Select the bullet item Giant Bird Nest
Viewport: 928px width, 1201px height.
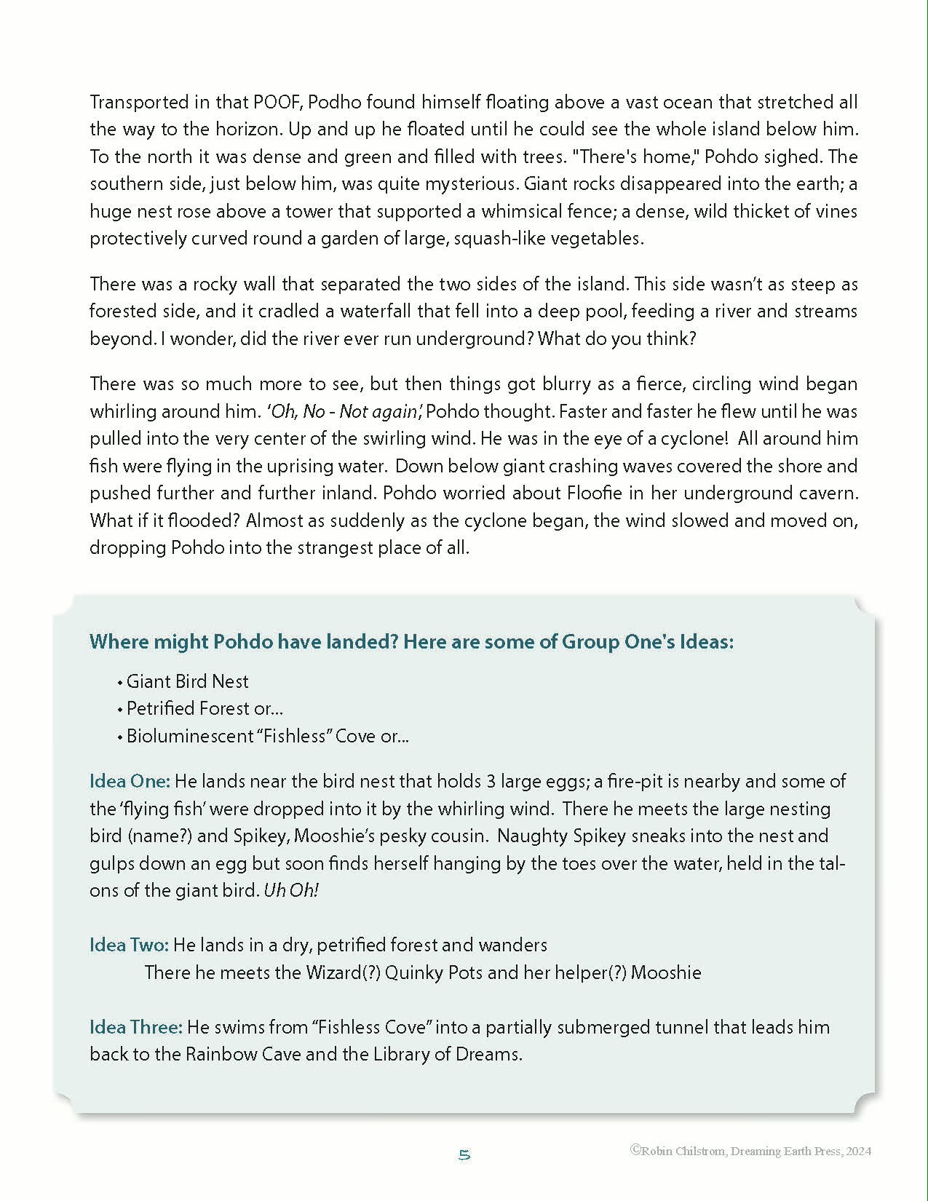tap(187, 682)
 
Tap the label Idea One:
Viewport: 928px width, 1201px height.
tap(130, 782)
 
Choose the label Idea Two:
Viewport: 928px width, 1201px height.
tap(129, 946)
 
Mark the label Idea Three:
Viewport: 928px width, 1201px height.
tap(135, 1028)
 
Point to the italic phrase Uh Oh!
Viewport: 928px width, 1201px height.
tap(290, 891)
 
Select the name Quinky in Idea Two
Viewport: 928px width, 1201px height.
tap(413, 973)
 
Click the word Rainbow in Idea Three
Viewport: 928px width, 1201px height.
tap(216, 1055)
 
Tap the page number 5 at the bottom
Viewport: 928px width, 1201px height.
tap(464, 1155)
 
